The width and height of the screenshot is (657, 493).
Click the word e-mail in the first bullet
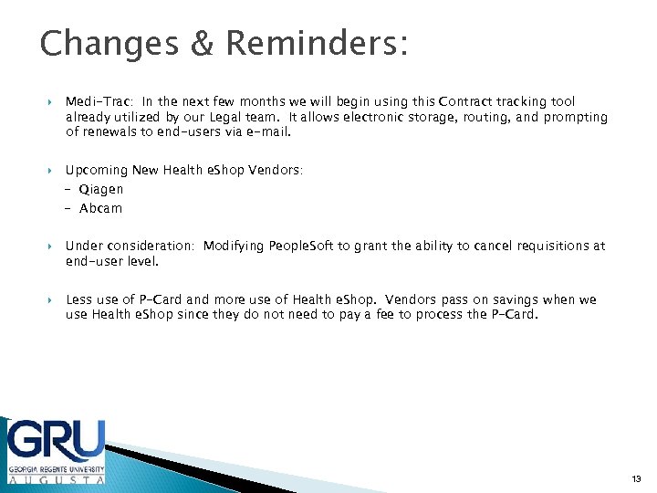[x=269, y=131]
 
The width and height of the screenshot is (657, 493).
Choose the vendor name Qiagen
[x=100, y=190]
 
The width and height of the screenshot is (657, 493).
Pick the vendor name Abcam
[x=100, y=208]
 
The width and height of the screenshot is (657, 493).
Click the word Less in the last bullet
[x=78, y=300]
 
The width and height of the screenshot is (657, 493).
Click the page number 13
[x=636, y=477]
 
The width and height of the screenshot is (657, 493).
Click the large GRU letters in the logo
[x=57, y=443]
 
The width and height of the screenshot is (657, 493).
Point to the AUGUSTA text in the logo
[x=57, y=477]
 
